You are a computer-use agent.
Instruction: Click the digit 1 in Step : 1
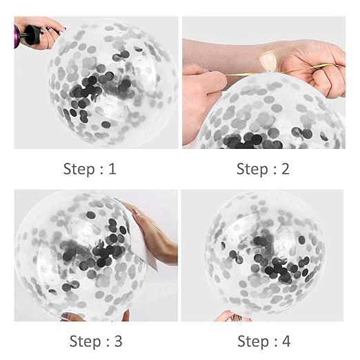click(112, 169)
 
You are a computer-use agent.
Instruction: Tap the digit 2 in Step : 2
click(285, 169)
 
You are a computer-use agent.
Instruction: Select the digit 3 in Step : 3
click(118, 341)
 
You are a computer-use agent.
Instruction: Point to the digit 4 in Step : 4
click(286, 341)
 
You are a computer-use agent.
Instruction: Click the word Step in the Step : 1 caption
click(79, 169)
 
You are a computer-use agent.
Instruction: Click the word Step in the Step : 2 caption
click(252, 169)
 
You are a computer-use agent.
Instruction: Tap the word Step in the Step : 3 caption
click(85, 341)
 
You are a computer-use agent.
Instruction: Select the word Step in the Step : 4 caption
click(253, 341)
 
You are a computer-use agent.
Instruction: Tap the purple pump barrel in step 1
click(17, 37)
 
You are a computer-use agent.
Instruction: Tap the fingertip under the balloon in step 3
click(126, 315)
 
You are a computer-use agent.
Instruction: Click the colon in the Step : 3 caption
click(108, 343)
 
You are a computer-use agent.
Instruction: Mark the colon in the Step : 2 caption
click(274, 170)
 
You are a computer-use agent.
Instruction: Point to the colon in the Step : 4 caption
click(275, 343)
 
